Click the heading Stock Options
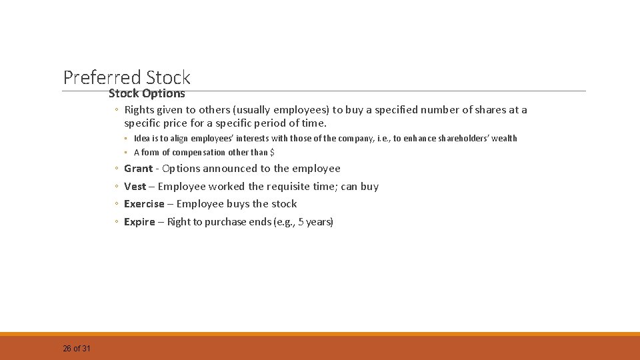coord(147,94)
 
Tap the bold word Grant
coord(138,169)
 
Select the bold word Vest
coord(135,187)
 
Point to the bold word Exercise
coord(143,204)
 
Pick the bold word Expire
coord(139,222)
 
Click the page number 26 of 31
coord(77,349)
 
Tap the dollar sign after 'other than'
coord(272,153)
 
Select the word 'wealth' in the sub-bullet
coord(503,139)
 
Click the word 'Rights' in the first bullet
coord(139,110)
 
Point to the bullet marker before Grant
coord(117,169)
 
